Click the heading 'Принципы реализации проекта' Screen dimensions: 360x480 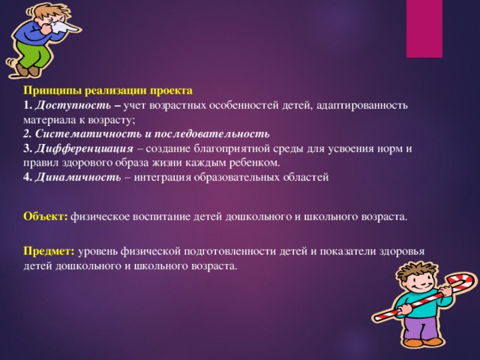108,90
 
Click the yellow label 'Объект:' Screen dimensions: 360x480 45,217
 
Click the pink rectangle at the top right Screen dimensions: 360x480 424,28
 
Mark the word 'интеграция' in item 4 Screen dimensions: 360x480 163,177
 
